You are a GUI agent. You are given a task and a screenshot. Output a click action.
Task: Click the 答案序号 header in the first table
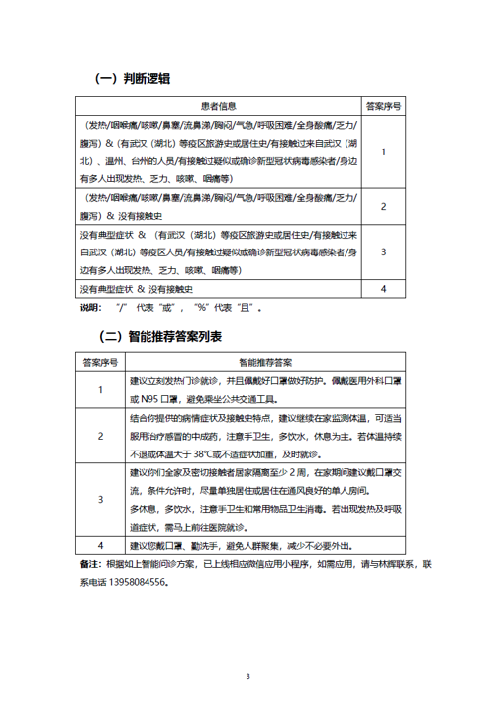tap(383, 104)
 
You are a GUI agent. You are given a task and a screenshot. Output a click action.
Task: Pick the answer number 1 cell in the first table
tap(383, 151)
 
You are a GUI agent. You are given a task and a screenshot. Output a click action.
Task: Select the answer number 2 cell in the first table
tap(383, 206)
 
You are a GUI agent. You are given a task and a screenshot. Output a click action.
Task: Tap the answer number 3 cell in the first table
tap(383, 251)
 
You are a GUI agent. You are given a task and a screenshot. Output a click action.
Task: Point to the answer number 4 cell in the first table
tap(383, 289)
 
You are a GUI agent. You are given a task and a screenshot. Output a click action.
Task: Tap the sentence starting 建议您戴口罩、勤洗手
tap(244, 546)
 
